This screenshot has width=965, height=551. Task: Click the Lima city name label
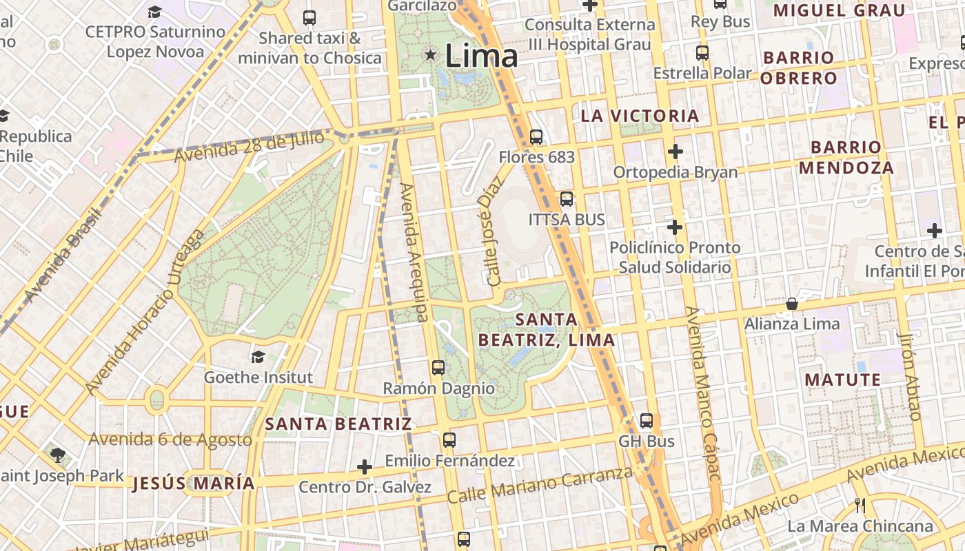[481, 56]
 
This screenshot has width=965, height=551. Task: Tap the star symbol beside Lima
[431, 54]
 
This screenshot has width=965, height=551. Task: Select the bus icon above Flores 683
[536, 137]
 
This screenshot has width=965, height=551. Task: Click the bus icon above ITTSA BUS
[566, 199]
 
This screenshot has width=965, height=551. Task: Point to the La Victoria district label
[640, 116]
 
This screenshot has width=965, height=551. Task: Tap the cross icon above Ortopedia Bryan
[675, 151]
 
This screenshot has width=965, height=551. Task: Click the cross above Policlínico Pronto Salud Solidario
[675, 227]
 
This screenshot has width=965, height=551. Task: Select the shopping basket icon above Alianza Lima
[792, 304]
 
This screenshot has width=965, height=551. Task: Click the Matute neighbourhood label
[842, 380]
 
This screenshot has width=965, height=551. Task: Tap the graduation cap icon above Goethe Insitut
[258, 357]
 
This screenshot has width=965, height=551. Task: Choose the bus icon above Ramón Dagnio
[438, 367]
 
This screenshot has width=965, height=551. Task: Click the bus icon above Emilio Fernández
[449, 439]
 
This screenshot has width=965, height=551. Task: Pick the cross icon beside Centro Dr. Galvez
[365, 468]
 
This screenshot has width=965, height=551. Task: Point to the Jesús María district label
[193, 483]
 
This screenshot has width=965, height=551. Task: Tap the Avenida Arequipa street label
[415, 253]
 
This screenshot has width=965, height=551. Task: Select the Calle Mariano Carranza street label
[540, 485]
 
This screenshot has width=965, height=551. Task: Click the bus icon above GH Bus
[646, 420]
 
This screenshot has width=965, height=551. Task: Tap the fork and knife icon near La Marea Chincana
[860, 506]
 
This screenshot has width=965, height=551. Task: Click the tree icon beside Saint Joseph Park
[57, 455]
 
